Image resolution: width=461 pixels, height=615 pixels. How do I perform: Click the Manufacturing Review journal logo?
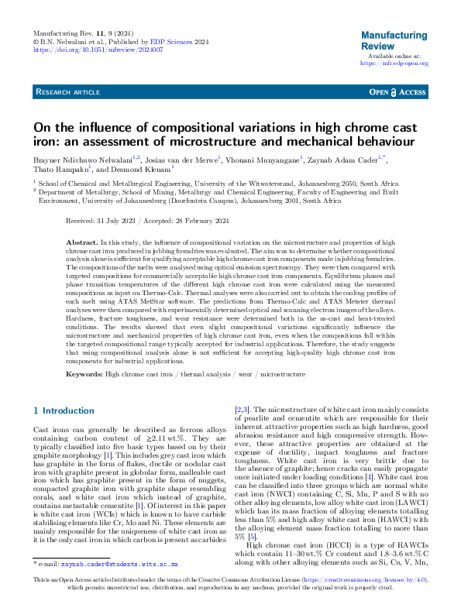click(394, 40)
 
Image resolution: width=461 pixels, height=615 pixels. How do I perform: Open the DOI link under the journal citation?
click(98, 50)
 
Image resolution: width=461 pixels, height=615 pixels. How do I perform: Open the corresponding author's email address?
click(117, 588)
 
